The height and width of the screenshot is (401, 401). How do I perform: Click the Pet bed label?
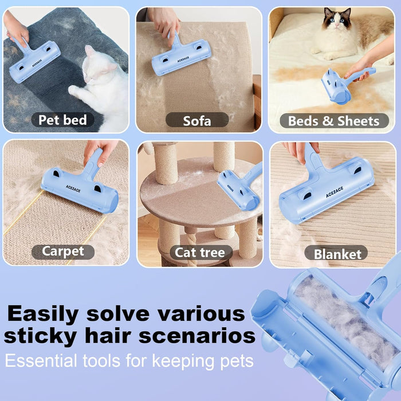(x=62, y=120)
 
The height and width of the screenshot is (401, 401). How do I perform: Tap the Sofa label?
(x=197, y=120)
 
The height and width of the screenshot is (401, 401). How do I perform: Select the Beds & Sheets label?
(x=333, y=121)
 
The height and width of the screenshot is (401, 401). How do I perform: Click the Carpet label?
(x=62, y=251)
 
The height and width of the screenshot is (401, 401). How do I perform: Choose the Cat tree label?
(x=200, y=253)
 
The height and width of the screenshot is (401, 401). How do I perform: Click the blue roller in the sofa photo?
(x=181, y=58)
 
